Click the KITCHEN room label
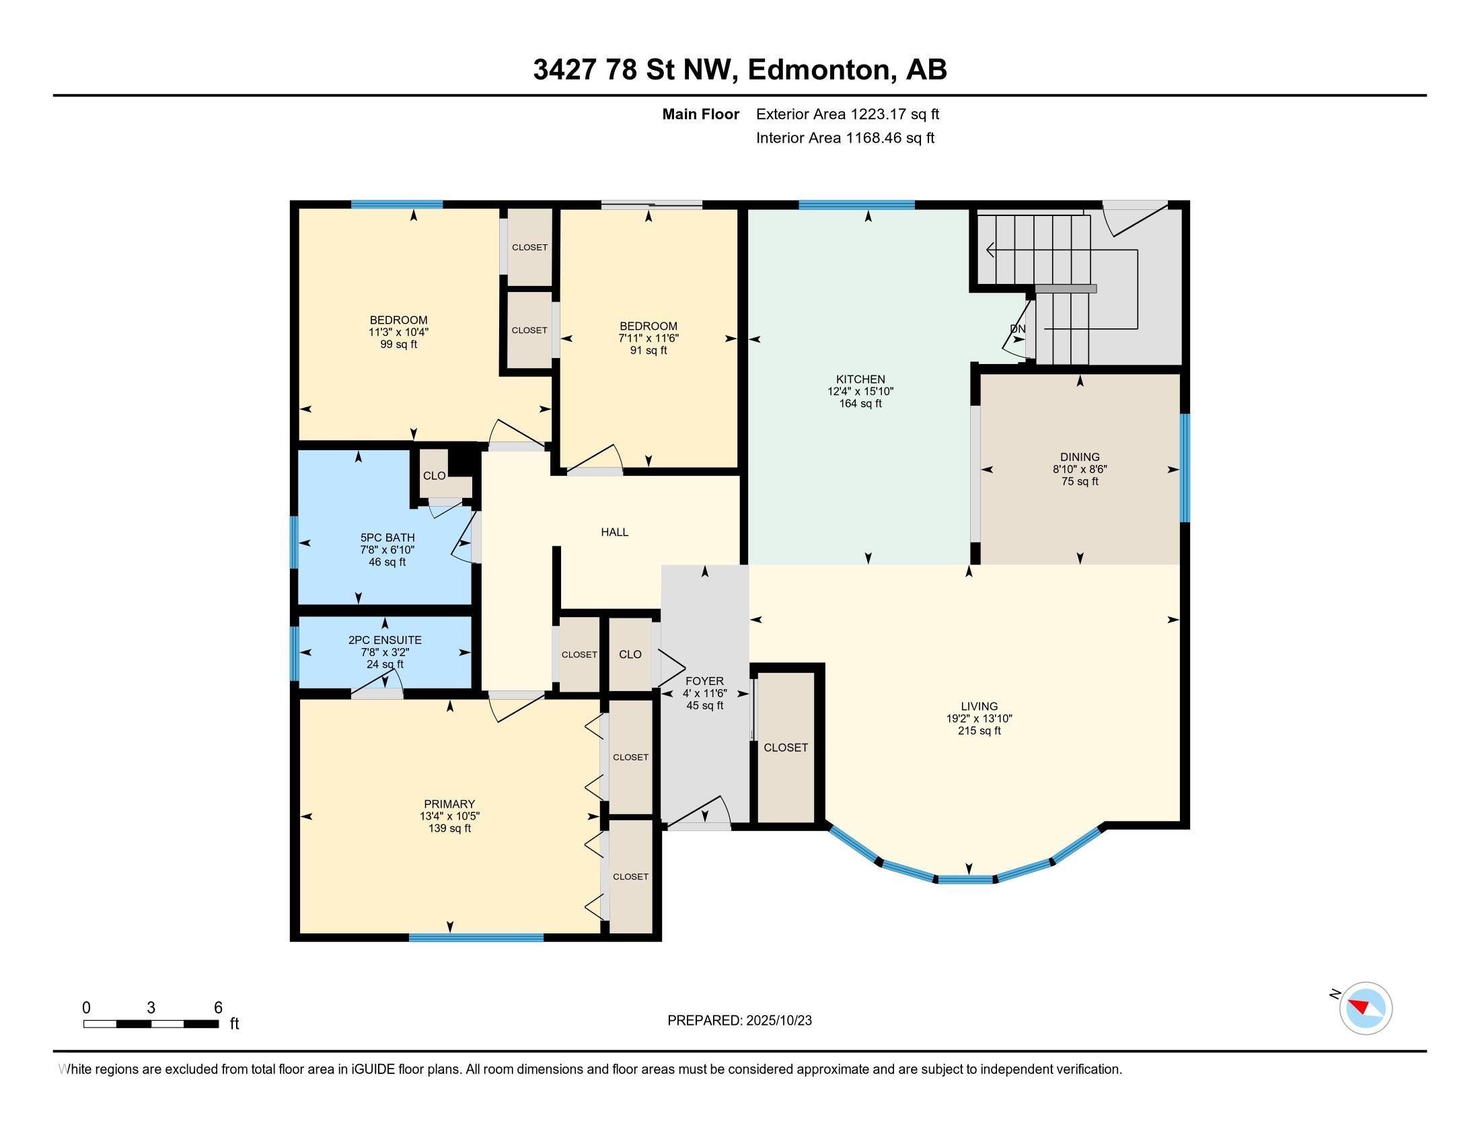860,380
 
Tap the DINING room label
1080,458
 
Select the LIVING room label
979,706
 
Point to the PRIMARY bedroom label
449,804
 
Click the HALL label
615,533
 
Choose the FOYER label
705,681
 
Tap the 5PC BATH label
387,538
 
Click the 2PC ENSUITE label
385,640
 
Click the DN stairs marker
1018,328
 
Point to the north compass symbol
1366,1008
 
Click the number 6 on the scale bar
218,1008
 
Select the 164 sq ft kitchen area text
860,404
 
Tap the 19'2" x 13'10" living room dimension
979,719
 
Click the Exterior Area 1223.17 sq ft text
848,114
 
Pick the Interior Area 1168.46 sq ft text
845,138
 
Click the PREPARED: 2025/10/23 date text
739,1021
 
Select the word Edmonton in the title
819,70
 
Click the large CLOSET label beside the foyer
785,748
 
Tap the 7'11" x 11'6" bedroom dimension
649,338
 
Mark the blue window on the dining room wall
1185,468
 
